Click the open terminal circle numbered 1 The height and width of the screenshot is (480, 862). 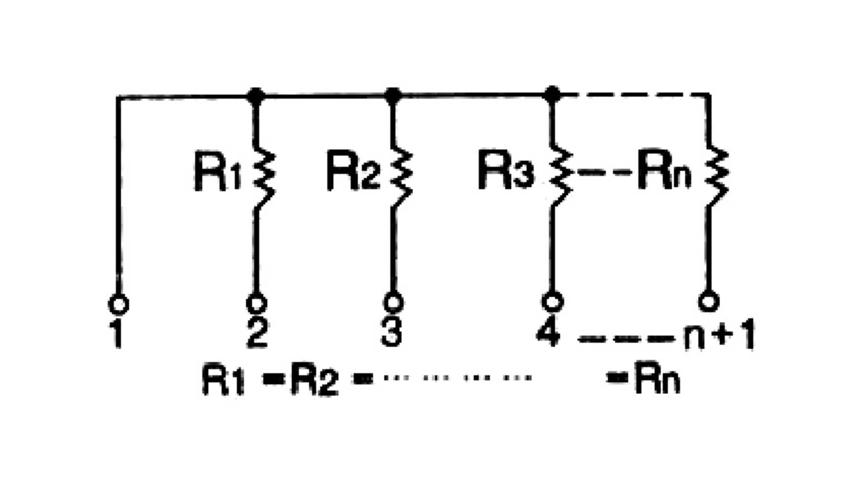click(x=118, y=305)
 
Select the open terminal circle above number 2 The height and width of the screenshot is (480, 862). click(x=256, y=303)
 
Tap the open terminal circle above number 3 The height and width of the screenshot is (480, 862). click(x=393, y=303)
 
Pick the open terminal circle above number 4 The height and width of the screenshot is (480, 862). click(x=552, y=302)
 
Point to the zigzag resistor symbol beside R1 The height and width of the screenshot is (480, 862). click(x=264, y=177)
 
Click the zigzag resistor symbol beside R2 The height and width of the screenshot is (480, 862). click(x=401, y=177)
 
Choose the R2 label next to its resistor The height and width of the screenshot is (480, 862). click(x=353, y=171)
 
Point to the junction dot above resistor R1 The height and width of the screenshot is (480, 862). click(x=256, y=95)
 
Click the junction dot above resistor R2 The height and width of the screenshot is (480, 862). click(x=393, y=95)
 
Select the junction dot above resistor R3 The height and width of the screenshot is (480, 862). click(x=552, y=94)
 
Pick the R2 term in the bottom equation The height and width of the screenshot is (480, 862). click(x=314, y=380)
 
